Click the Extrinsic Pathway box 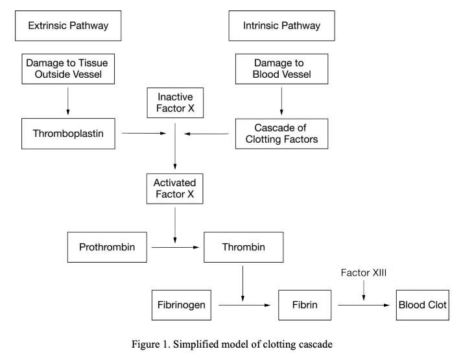[x=68, y=25]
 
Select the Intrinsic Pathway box [x=282, y=25]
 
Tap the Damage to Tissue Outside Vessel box [x=68, y=69]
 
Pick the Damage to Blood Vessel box [x=282, y=69]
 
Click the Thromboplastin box [x=68, y=134]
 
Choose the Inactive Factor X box [x=175, y=102]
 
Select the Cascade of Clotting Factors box [x=282, y=134]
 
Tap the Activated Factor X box [x=175, y=189]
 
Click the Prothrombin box [x=107, y=247]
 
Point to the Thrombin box [x=244, y=247]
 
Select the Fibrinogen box [x=182, y=305]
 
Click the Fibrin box [x=305, y=305]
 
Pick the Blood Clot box [x=423, y=305]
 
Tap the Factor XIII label [x=364, y=272]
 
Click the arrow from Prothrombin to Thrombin [x=176, y=247]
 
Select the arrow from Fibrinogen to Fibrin [x=244, y=305]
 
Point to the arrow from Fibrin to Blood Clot [x=364, y=305]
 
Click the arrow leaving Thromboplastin [x=144, y=133]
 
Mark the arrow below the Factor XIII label [x=364, y=291]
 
